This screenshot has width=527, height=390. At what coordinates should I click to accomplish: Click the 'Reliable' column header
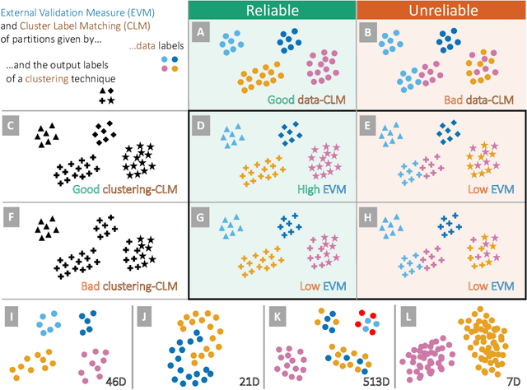271,10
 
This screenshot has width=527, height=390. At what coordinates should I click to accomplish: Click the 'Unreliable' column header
441,10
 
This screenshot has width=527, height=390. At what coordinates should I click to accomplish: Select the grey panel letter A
200,32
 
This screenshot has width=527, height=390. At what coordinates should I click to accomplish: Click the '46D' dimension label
114,381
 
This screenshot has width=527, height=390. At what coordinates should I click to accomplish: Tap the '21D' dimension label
245,381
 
